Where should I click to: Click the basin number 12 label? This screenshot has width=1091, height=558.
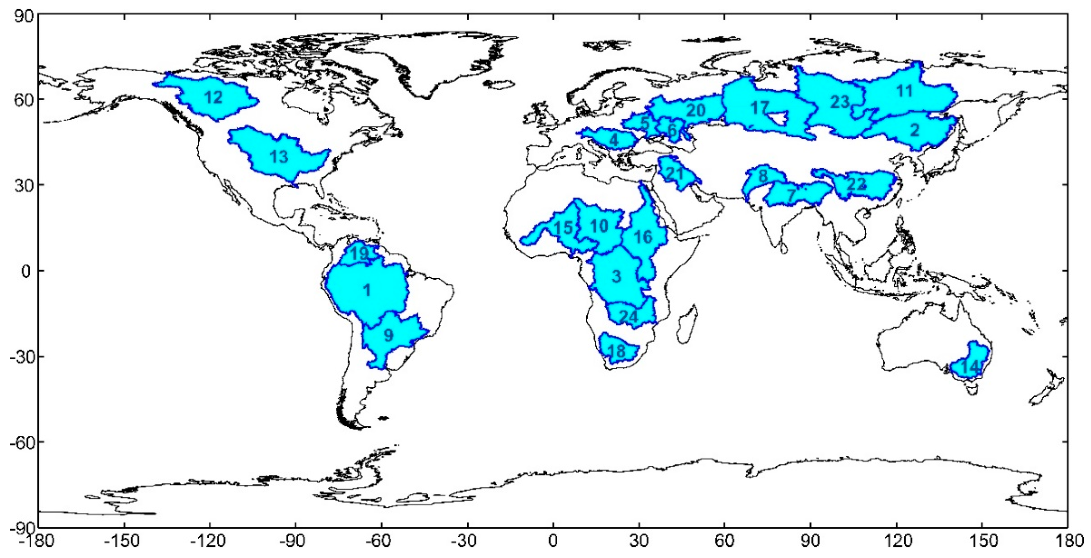pos(213,98)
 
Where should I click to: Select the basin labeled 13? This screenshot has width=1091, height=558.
pos(279,157)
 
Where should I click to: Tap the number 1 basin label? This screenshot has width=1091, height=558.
pos(367,291)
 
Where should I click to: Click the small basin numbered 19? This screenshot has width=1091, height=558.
pos(360,254)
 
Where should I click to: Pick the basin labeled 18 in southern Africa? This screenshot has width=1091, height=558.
pos(616,351)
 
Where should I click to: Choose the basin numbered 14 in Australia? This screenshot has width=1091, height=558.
pos(970,366)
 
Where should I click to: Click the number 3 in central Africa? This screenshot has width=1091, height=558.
pos(616,277)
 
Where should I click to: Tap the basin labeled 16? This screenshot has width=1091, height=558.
pos(643,237)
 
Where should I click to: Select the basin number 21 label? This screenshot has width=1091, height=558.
pos(675,173)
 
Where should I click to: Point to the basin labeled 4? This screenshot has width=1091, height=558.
pos(614,139)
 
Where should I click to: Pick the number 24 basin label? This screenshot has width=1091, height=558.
pos(629,317)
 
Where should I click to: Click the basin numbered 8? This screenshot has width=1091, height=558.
pos(762,176)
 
